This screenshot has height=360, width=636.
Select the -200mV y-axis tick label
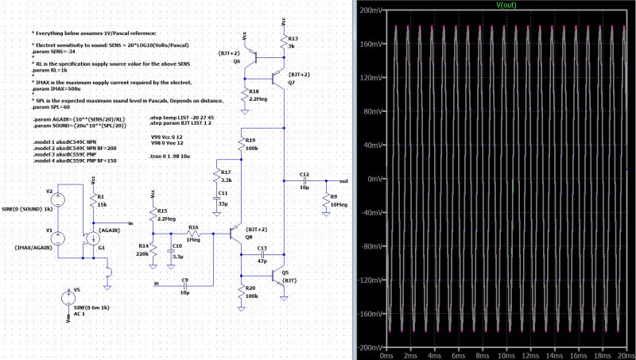coord(367,347)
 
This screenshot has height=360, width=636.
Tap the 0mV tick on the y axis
coord(371,180)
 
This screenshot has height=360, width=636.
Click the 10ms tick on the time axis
coord(506,356)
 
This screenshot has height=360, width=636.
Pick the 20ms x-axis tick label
coord(624,356)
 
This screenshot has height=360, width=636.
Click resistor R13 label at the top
coord(293,38)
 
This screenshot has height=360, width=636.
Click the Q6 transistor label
coord(236,60)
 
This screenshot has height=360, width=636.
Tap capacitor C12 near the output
coord(304,180)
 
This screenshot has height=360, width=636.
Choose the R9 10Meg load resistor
coord(326,202)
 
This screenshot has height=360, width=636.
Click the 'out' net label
coord(343,180)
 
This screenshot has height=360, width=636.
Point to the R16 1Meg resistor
coord(193,234)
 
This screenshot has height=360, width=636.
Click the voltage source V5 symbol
coord(66,299)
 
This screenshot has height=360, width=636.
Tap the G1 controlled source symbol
coord(93,238)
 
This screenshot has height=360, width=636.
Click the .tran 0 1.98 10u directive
coord(172,157)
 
